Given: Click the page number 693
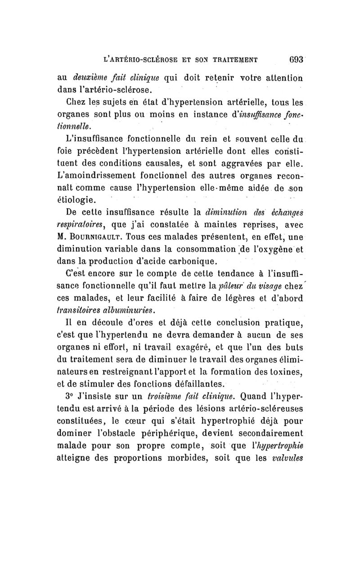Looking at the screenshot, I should (295, 58).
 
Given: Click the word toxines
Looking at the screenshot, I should (286, 371).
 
